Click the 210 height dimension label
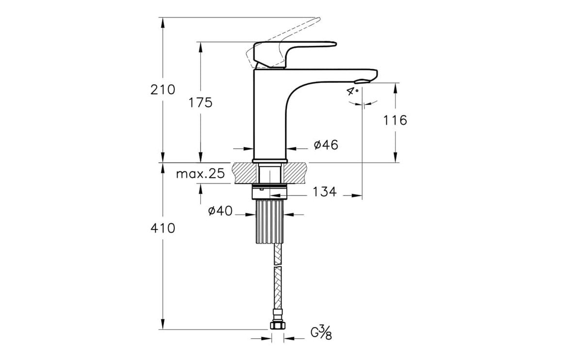[163, 90]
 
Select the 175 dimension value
[200, 102]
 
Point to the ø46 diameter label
[326, 145]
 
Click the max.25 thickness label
[200, 174]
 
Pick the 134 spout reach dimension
[324, 192]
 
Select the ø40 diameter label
[220, 211]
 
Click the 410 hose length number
[163, 228]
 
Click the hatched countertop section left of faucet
[246, 173]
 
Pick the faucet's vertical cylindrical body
[270, 121]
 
